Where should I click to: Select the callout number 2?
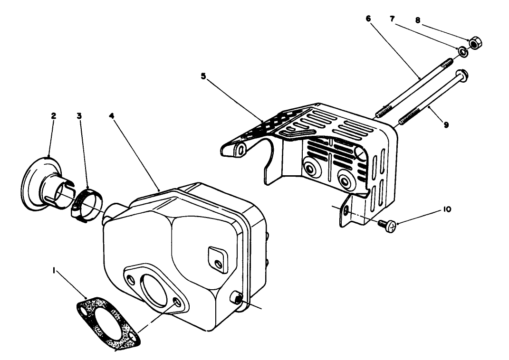[53, 115]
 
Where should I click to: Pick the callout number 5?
[203, 76]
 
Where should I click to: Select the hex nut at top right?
[474, 44]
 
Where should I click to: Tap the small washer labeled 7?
[461, 51]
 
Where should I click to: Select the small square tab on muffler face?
[216, 259]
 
